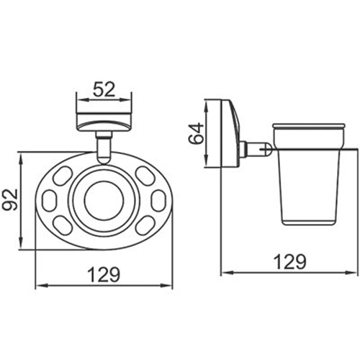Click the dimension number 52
[x=104, y=91]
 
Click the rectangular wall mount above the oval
[x=104, y=119]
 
